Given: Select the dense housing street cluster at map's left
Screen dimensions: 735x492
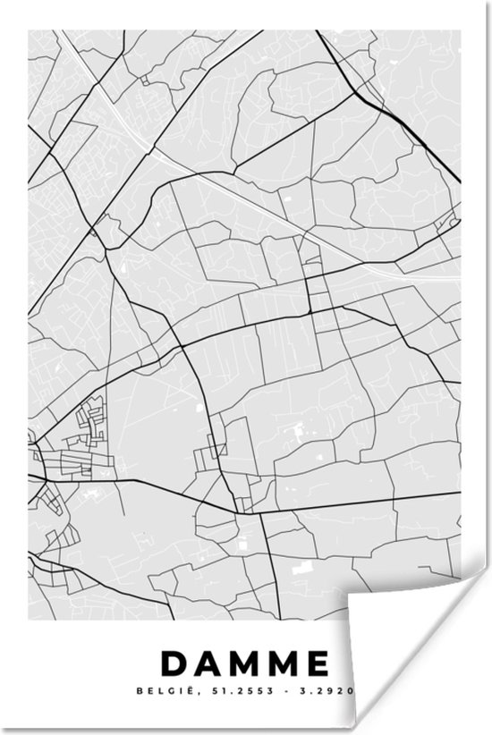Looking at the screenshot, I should (x=85, y=443).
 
